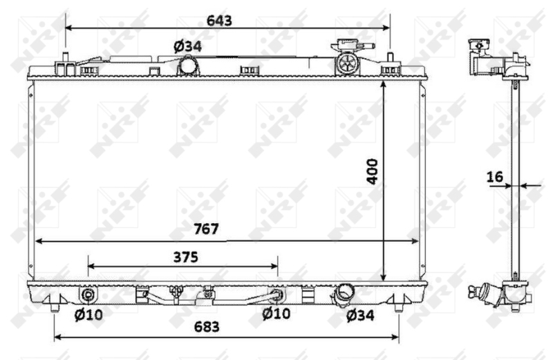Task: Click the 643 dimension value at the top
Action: (x=219, y=21)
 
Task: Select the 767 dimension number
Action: (x=206, y=229)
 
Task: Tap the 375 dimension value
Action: (x=185, y=258)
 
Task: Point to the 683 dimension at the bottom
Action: (x=207, y=327)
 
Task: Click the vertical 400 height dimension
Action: (x=373, y=171)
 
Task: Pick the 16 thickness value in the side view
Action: (x=495, y=177)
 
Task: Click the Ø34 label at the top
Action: (x=187, y=46)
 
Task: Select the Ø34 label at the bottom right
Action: (x=360, y=315)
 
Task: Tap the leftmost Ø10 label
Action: (x=88, y=314)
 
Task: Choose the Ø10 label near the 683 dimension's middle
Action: (x=276, y=313)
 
